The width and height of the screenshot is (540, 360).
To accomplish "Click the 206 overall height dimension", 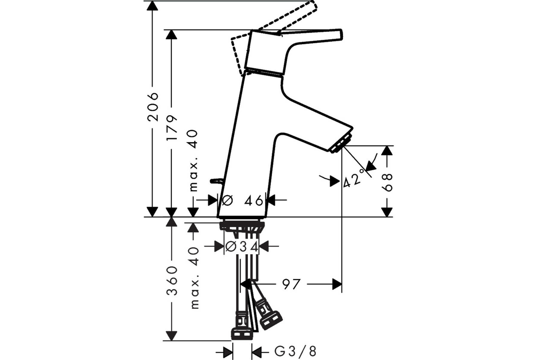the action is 153,107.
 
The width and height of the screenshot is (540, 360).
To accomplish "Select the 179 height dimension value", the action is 172,128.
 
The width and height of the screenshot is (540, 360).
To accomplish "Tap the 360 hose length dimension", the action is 172,281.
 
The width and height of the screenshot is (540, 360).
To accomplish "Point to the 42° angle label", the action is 354,179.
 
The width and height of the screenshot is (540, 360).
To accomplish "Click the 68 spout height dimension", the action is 387,182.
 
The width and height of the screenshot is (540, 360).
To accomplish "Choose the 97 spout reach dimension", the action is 292,284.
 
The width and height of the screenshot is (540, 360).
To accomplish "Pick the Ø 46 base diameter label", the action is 242,200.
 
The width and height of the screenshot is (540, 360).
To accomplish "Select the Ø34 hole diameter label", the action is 242,247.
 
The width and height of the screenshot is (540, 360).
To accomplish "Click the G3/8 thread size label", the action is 295,352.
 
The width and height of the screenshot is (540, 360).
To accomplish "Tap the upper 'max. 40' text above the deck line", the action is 193,161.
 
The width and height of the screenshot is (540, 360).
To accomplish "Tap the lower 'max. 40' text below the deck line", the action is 194,278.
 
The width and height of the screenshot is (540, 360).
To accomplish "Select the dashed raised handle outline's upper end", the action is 313,4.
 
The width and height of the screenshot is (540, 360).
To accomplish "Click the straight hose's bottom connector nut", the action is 242,334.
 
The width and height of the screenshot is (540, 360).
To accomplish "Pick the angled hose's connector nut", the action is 271,321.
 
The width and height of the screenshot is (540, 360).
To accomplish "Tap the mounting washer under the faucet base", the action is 242,225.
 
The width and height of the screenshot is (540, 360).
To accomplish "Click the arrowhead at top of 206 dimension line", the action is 153,5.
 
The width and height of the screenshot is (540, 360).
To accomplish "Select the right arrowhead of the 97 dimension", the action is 337,284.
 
